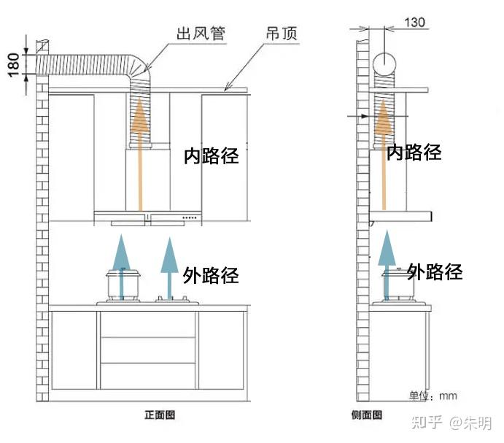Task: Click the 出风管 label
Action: [199, 34]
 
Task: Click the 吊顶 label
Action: [281, 34]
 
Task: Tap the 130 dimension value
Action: [414, 23]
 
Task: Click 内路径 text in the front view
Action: [212, 155]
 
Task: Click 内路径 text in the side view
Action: [414, 153]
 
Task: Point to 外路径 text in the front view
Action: [212, 275]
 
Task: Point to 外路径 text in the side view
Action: [435, 272]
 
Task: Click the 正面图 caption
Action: [159, 415]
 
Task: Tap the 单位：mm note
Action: [433, 396]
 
